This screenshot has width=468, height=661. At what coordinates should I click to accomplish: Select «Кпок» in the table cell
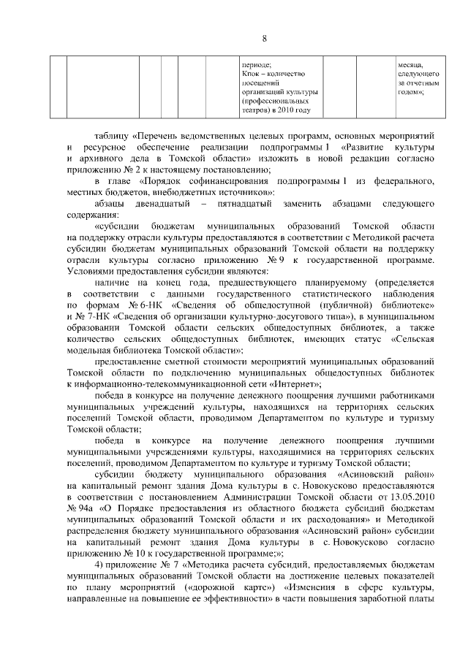tap(251, 74)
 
